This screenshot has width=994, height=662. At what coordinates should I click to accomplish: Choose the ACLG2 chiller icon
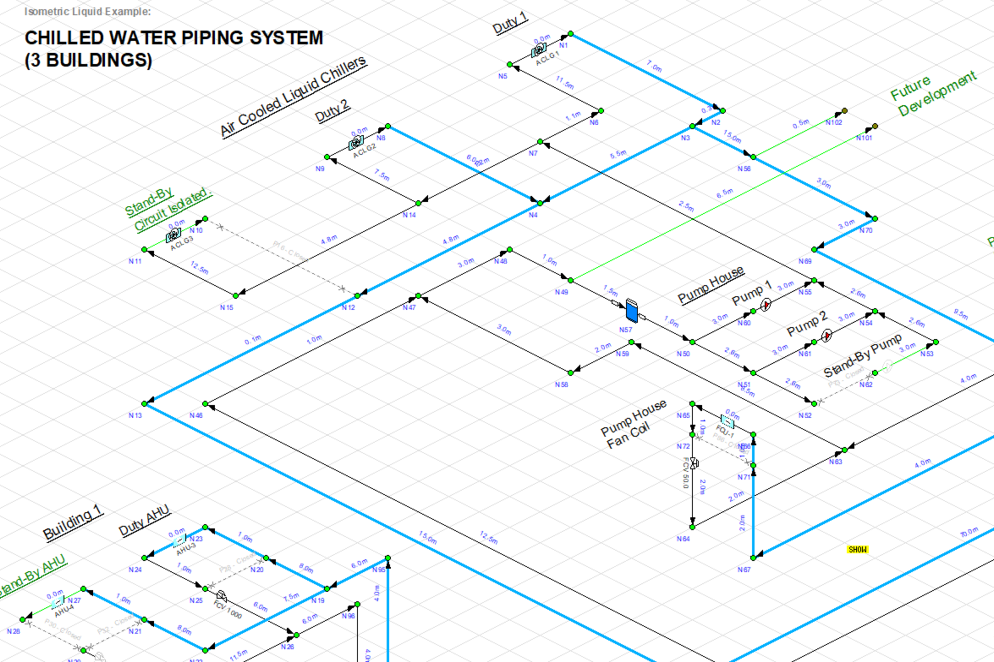(356, 143)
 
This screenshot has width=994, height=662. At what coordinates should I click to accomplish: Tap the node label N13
(135, 415)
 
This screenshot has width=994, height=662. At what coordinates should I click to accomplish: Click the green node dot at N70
(875, 219)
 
